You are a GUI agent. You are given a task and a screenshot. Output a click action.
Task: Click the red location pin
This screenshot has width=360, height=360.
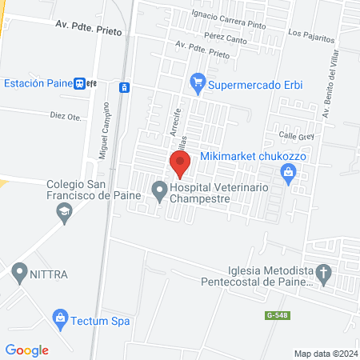pyautogui.click(x=180, y=164)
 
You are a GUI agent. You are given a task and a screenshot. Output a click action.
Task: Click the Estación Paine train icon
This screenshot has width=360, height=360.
pyautogui.click(x=81, y=83)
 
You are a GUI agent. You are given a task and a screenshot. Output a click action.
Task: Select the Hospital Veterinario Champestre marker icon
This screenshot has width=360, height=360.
pyautogui.click(x=159, y=191)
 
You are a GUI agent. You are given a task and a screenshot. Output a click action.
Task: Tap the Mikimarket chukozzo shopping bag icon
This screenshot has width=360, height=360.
pyautogui.click(x=287, y=172)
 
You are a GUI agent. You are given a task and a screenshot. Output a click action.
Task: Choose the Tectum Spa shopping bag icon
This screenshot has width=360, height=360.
pyautogui.click(x=58, y=318)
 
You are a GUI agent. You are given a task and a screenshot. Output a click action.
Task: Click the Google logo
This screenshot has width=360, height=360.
pyautogui.click(x=27, y=350)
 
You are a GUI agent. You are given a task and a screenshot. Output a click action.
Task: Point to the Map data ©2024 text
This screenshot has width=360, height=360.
pyautogui.click(x=325, y=353)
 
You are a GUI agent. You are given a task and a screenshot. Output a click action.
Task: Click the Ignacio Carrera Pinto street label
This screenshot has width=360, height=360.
pyautogui.click(x=228, y=14)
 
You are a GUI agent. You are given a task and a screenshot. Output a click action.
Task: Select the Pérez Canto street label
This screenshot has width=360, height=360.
pyautogui.click(x=226, y=38)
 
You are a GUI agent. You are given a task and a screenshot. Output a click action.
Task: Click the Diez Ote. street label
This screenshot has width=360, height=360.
pyautogui.click(x=66, y=116)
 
